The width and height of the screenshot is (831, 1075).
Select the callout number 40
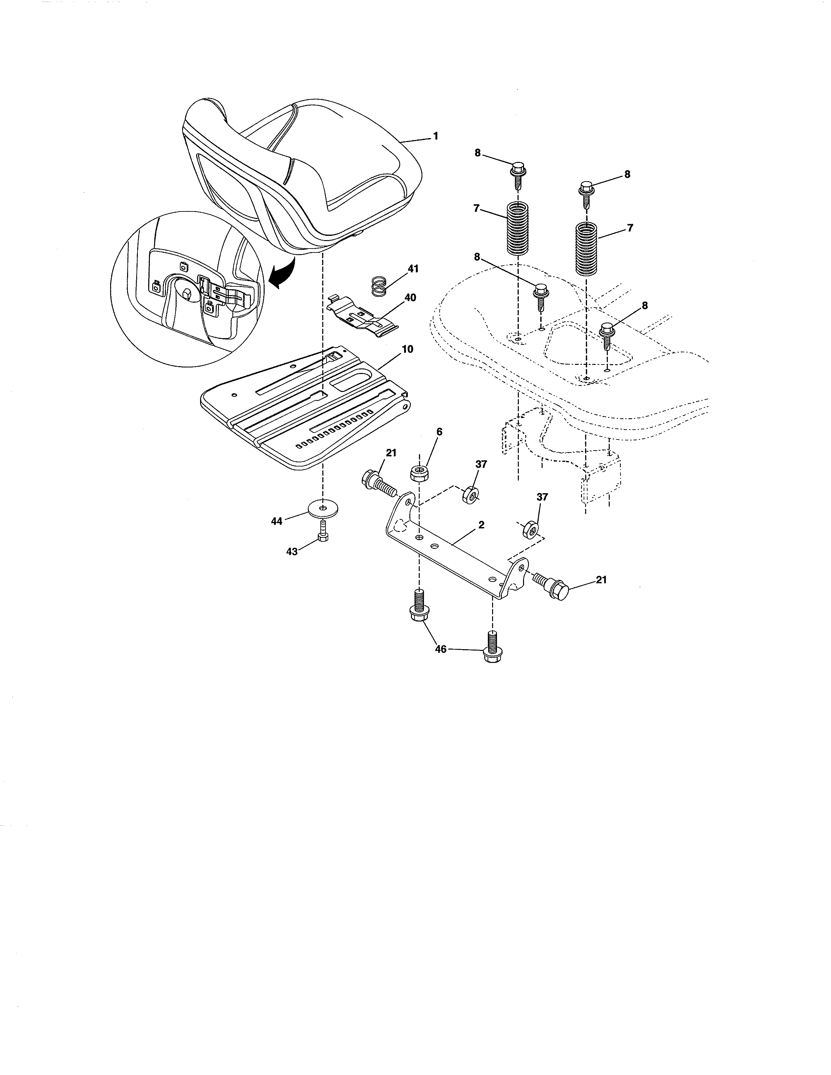pyautogui.click(x=410, y=298)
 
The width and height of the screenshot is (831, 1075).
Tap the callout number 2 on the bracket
pyautogui.click(x=481, y=525)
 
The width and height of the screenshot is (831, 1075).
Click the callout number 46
pyautogui.click(x=440, y=649)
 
